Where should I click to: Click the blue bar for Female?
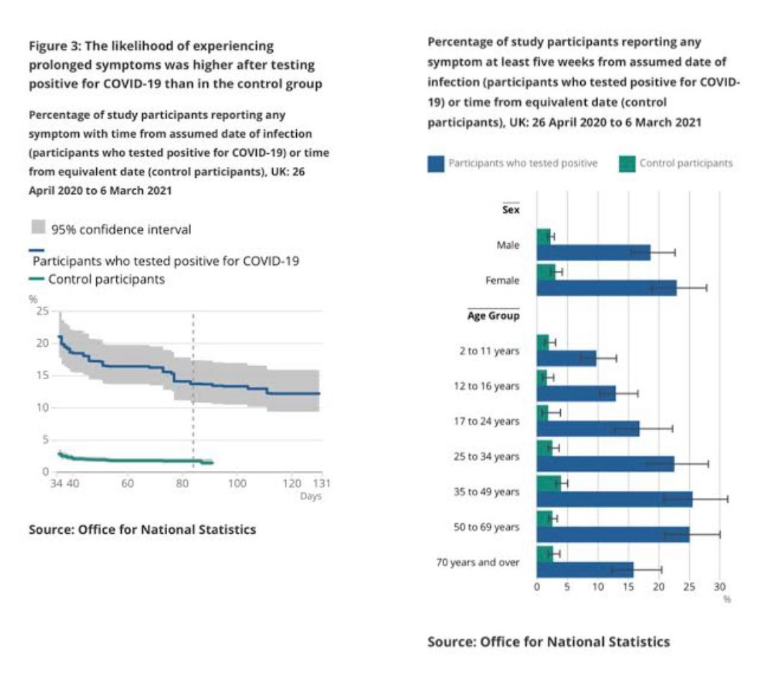[607, 288]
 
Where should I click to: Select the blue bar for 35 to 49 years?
[615, 499]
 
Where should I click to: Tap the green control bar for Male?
[544, 237]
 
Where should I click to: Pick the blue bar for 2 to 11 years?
[567, 358]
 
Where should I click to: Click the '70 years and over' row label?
[478, 563]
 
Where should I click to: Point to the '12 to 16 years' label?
[486, 386]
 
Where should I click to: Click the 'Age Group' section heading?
[493, 316]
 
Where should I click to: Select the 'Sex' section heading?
[511, 210]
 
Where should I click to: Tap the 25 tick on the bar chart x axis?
[689, 587]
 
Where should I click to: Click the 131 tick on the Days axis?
[321, 483]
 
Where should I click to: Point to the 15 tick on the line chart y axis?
[42, 376]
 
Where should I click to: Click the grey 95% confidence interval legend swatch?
[39, 227]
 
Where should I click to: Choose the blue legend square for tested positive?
[435, 163]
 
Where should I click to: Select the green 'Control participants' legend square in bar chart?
[627, 163]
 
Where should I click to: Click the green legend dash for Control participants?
[37, 279]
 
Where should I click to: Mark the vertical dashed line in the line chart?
[194, 391]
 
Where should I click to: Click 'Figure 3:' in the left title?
[55, 47]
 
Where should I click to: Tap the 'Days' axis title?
[311, 496]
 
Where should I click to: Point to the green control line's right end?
[213, 463]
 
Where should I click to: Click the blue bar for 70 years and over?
[585, 570]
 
